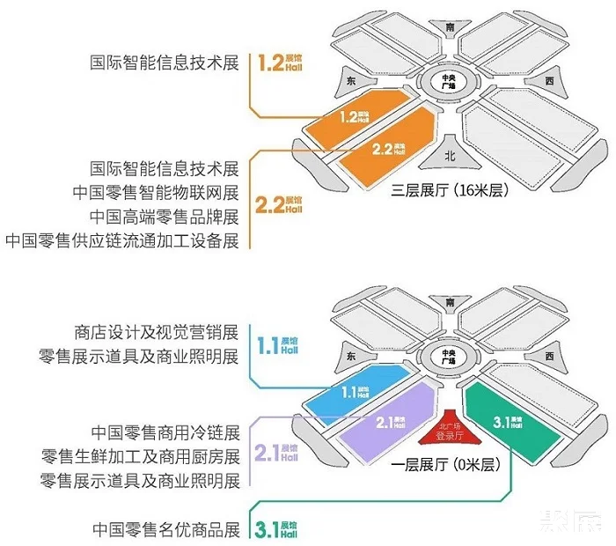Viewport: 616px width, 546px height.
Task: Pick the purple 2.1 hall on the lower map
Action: coord(389,424)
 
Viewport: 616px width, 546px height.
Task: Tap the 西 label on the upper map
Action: coord(549,80)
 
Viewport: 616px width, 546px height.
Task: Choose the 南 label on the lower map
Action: coord(451,302)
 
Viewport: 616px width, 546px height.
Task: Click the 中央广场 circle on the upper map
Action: coord(450,82)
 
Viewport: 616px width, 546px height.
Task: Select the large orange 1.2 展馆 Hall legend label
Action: coord(280,63)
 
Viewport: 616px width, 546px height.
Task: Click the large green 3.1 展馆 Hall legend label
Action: coord(279,530)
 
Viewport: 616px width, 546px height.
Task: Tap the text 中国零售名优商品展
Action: coord(166,530)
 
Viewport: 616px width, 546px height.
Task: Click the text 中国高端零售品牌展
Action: coord(165,216)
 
